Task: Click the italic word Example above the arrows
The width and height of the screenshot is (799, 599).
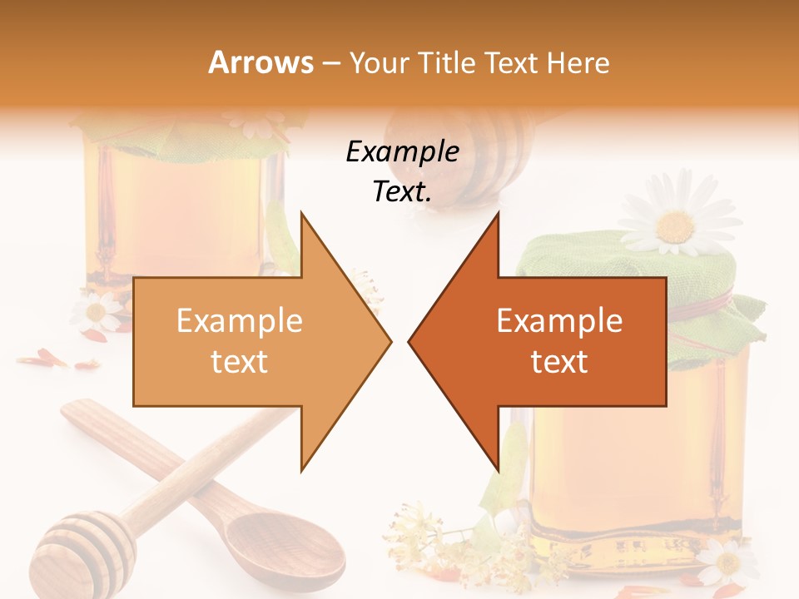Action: (403, 152)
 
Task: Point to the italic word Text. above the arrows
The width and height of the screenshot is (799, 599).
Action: (403, 192)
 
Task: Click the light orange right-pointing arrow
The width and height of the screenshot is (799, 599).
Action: (250, 341)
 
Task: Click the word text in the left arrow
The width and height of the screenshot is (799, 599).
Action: (240, 362)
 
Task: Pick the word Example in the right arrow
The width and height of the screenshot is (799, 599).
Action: (559, 321)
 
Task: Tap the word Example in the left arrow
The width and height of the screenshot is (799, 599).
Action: (240, 321)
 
